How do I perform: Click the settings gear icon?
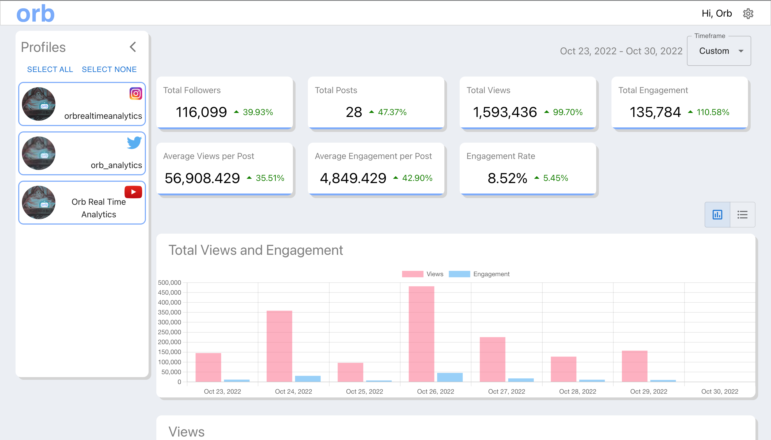point(748,14)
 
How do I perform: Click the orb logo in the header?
point(35,14)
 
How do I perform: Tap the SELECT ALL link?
point(50,69)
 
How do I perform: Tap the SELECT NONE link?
point(109,69)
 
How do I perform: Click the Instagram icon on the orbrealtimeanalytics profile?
point(136,94)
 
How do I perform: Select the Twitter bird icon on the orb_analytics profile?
point(134,143)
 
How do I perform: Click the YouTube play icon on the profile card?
point(133,192)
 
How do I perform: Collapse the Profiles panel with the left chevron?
point(133,47)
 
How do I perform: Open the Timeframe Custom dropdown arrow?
point(741,51)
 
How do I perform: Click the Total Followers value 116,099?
point(201,112)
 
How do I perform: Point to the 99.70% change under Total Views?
point(567,112)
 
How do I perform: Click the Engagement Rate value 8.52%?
point(507,178)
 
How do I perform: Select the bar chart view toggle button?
point(717,215)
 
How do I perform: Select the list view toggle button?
point(742,215)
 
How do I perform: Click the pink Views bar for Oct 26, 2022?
point(421,334)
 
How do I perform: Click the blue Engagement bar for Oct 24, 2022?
point(308,379)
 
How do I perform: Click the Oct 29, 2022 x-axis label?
point(649,391)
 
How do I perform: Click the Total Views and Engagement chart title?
point(255,250)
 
